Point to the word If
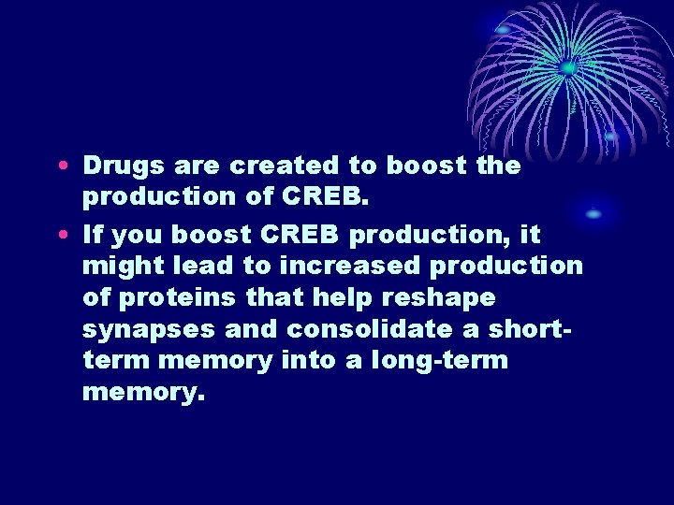pyautogui.click(x=93, y=234)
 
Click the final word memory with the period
pyautogui.click(x=143, y=393)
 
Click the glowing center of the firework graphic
pyautogui.click(x=566, y=67)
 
